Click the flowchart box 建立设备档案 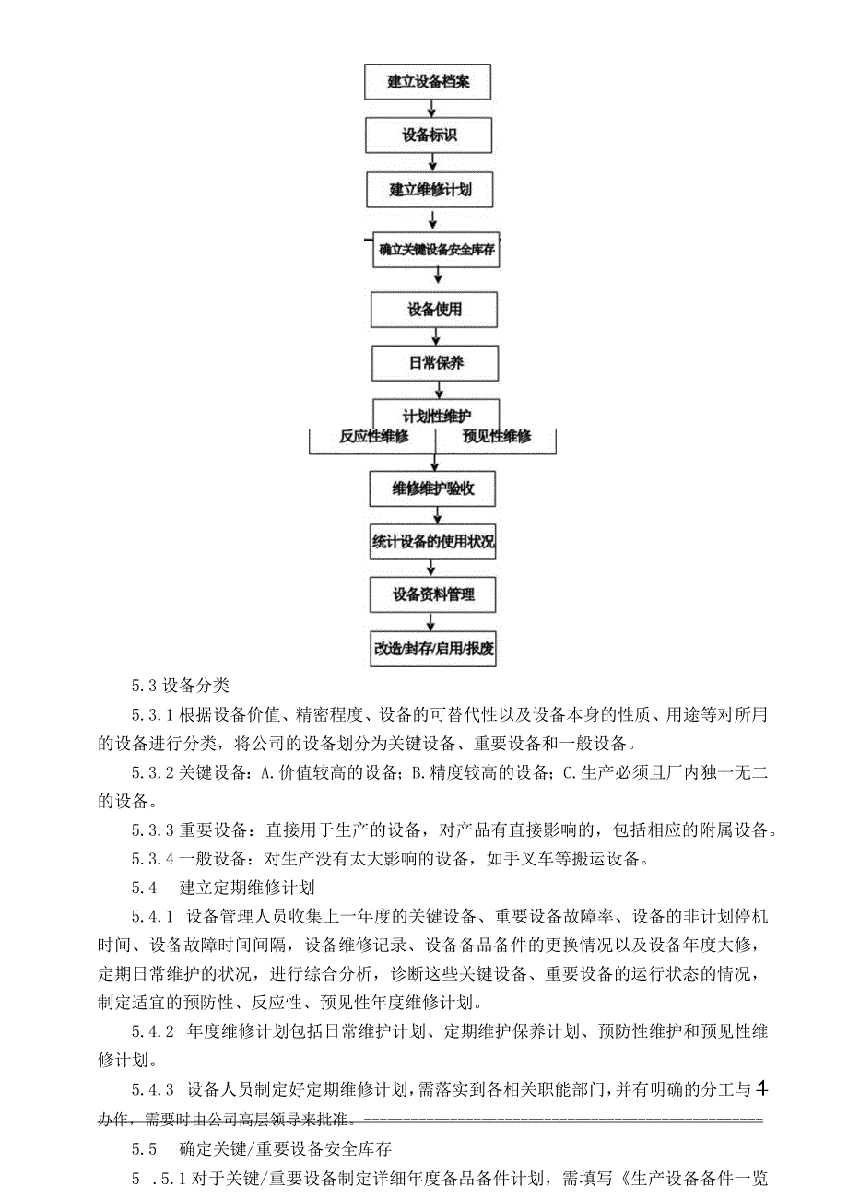click(428, 81)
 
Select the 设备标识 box click(428, 135)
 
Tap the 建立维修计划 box click(430, 190)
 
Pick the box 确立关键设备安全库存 click(436, 250)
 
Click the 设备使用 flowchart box click(435, 310)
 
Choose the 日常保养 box click(435, 363)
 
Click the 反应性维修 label click(373, 437)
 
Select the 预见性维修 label click(496, 437)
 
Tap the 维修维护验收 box click(434, 488)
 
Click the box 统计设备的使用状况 click(433, 542)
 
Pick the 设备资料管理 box click(433, 594)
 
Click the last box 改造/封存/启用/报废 click(433, 648)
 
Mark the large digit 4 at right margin click(761, 1090)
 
